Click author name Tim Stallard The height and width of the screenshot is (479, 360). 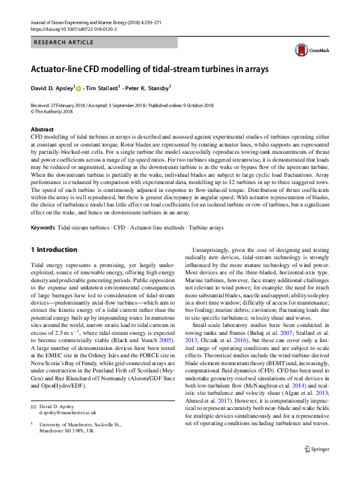click(101, 88)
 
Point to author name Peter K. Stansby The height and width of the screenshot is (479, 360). click(148, 88)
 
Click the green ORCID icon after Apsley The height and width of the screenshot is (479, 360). click(79, 88)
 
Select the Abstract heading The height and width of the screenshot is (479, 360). click(43, 130)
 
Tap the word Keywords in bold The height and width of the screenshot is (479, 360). click(42, 228)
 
